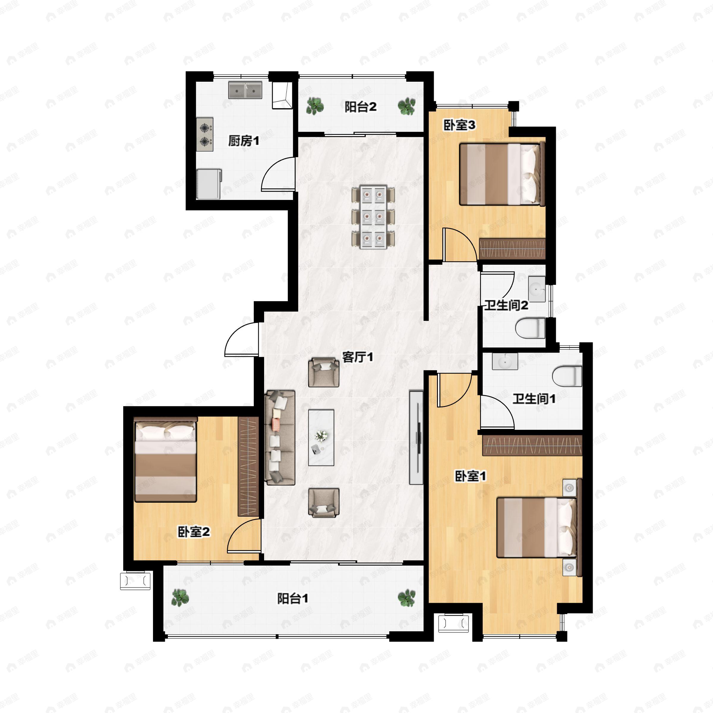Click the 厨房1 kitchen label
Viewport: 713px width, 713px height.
point(244,141)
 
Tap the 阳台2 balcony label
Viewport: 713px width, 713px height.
point(361,107)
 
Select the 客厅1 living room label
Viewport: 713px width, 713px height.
point(358,357)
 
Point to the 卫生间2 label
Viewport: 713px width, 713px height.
point(506,305)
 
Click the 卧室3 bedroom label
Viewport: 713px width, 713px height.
point(460,125)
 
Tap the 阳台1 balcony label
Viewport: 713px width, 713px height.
point(293,599)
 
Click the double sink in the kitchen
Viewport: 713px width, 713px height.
point(245,90)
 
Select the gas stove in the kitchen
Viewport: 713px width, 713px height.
point(205,134)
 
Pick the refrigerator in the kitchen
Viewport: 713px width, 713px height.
point(209,184)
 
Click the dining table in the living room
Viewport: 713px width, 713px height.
point(373,217)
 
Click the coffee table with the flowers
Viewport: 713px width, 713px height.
point(321,437)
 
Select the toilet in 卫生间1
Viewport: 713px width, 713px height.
point(567,376)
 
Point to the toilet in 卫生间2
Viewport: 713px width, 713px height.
point(530,329)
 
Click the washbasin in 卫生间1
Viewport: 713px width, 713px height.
point(505,361)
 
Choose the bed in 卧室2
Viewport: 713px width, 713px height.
point(165,460)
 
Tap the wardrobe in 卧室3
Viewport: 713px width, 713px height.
point(512,249)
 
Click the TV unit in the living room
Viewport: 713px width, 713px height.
point(416,437)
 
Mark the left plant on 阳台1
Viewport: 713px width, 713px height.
point(180,597)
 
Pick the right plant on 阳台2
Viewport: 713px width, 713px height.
point(407,106)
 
